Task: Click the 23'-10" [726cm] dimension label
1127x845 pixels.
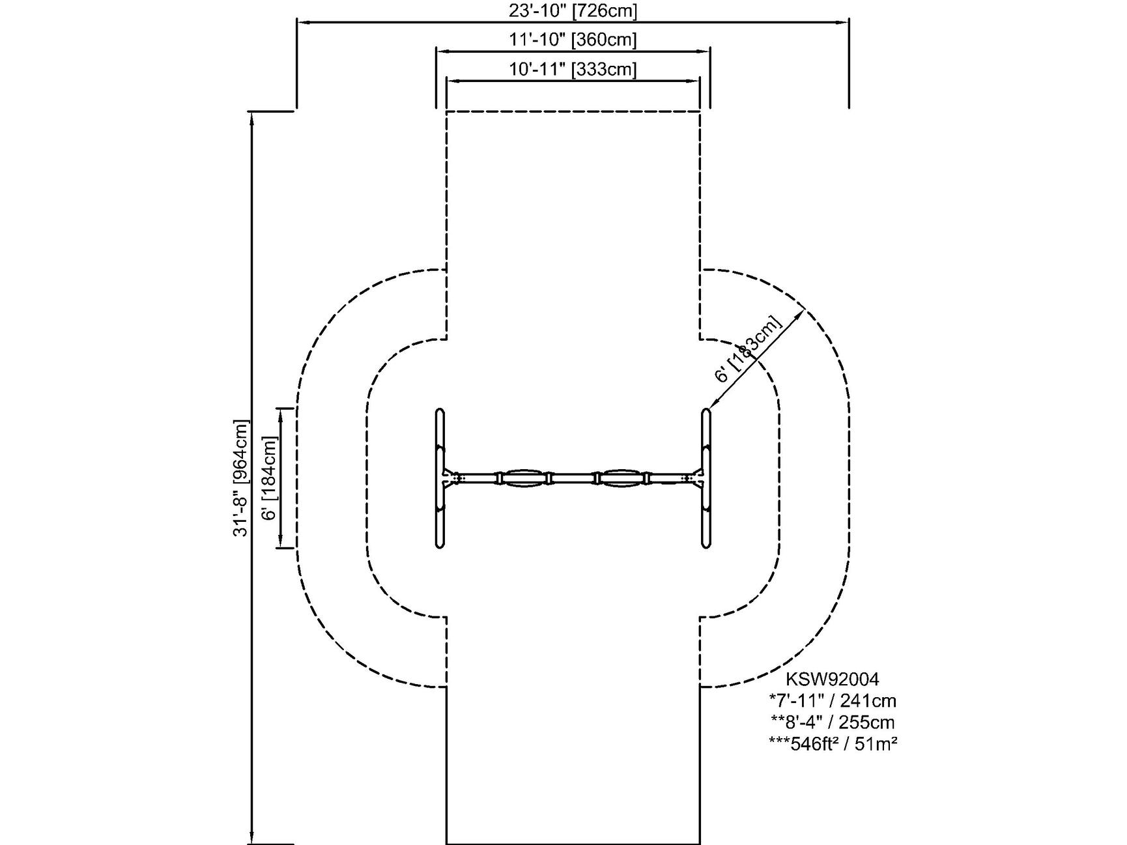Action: (x=573, y=10)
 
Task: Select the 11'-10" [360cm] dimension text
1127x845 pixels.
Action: (x=573, y=40)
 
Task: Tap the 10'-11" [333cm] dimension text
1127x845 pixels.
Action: (x=573, y=69)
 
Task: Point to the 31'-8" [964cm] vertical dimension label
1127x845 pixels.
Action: (x=241, y=478)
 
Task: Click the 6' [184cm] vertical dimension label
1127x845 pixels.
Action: (x=270, y=478)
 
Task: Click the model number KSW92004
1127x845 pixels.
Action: (x=832, y=679)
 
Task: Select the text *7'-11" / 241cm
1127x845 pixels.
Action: (x=832, y=700)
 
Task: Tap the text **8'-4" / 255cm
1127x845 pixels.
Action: (x=832, y=722)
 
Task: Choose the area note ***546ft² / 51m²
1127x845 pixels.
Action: (x=832, y=743)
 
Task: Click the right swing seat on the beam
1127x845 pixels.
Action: (x=623, y=478)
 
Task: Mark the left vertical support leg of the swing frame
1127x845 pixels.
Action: (x=440, y=478)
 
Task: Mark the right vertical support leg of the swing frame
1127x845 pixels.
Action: (x=706, y=478)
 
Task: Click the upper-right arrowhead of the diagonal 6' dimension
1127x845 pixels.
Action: (x=802, y=313)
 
